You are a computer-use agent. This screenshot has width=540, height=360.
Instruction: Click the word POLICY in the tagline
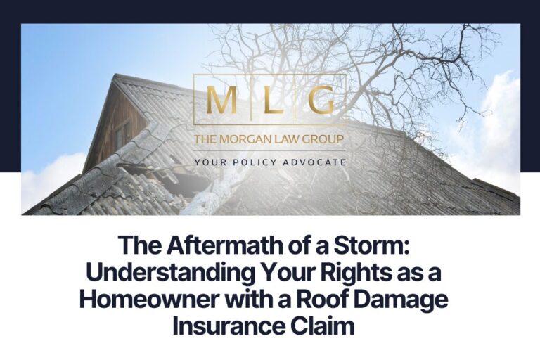[256, 162]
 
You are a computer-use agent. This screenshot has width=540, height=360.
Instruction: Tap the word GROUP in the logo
[321, 139]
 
